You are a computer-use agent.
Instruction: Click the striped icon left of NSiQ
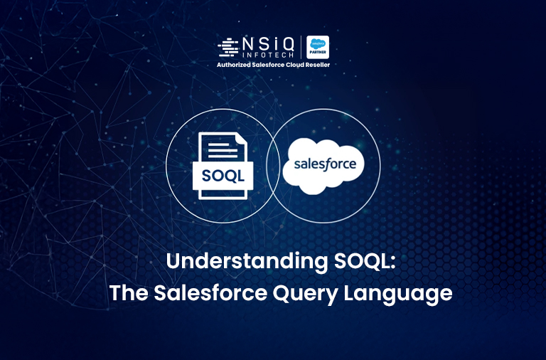pyautogui.click(x=227, y=48)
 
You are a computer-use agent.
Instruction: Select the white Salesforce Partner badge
pyautogui.click(x=317, y=47)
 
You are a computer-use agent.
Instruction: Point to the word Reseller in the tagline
pyautogui.click(x=314, y=65)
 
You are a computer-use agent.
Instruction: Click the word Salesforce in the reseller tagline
pyautogui.click(x=267, y=65)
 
